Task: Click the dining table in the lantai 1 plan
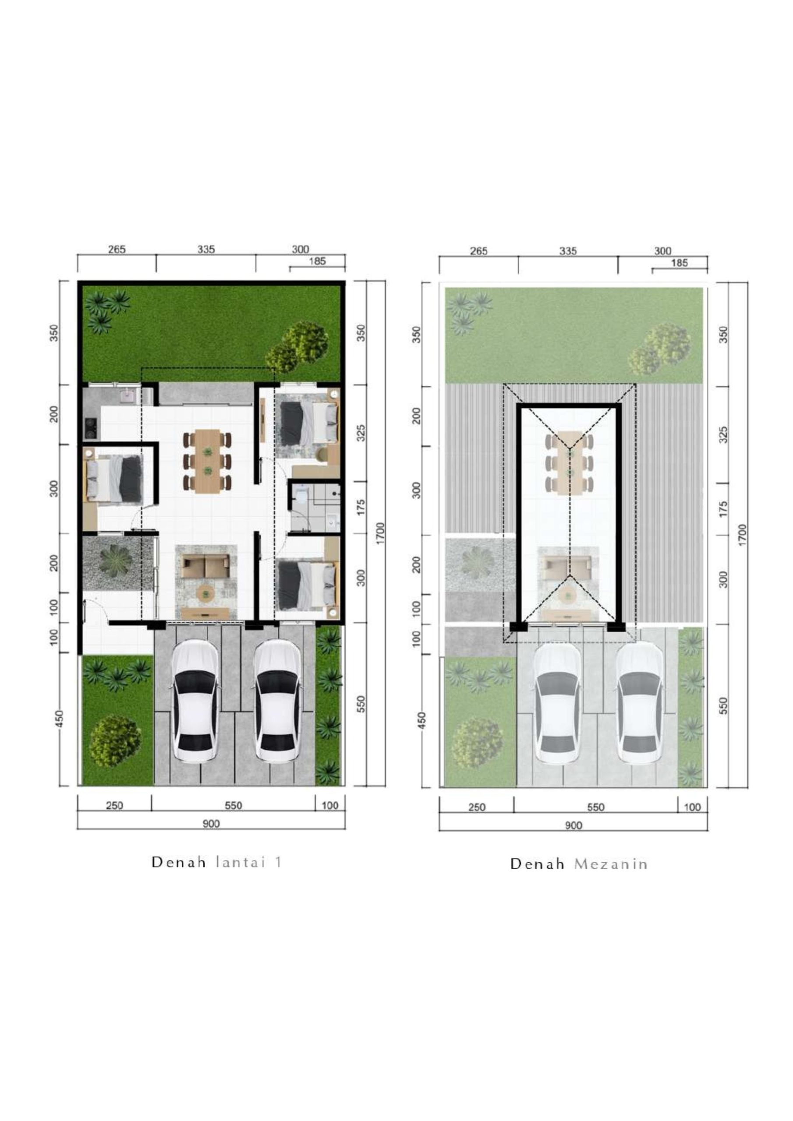click(208, 461)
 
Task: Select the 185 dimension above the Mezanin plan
click(679, 263)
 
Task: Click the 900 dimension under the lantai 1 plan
click(211, 824)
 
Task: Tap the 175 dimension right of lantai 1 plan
click(361, 507)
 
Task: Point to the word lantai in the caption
click(241, 862)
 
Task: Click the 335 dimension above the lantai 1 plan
click(206, 249)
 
